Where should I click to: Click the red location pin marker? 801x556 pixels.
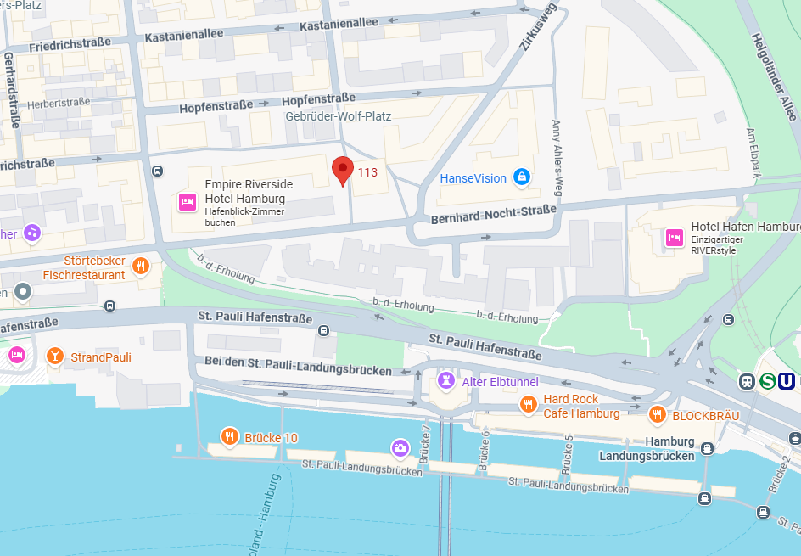point(342,169)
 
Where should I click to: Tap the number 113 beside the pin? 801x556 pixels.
point(367,172)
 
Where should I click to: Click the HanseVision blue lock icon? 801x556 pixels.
point(521,177)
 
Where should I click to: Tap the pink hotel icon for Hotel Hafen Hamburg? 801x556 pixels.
point(675,237)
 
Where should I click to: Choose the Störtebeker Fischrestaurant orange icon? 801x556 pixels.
point(141,265)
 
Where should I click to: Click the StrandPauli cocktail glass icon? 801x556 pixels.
point(55,356)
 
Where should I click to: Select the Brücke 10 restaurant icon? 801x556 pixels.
point(228,436)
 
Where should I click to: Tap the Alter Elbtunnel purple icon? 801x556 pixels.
point(445,381)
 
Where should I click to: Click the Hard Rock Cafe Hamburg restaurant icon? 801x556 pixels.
point(528,405)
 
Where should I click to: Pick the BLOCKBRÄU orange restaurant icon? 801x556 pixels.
point(657,415)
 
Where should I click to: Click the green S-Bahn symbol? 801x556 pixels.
point(767,381)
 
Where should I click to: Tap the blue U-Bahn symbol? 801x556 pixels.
point(787,381)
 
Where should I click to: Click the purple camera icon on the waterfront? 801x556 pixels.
point(400,446)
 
